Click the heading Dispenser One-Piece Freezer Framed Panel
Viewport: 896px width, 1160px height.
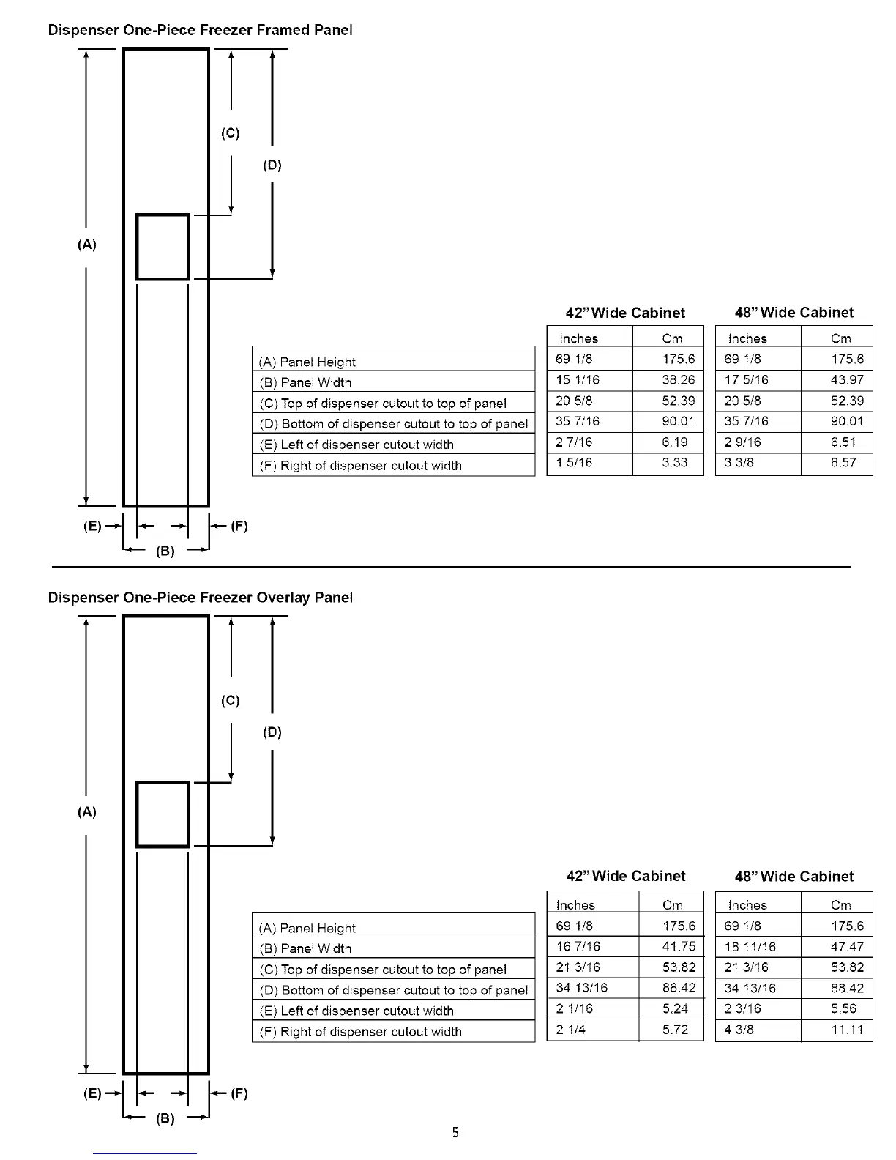tap(200, 30)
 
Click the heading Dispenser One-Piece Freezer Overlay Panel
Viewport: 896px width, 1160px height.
tap(200, 598)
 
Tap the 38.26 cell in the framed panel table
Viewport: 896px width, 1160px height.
tap(679, 380)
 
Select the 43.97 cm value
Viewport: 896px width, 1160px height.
tap(847, 380)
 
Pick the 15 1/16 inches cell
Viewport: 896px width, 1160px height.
tap(578, 380)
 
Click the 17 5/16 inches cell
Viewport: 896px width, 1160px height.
tap(747, 380)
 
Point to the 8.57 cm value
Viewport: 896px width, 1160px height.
tap(843, 463)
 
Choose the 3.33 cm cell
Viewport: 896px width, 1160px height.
tap(675, 463)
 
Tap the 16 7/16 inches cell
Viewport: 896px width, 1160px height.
tap(578, 947)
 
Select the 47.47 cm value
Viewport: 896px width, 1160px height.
tap(847, 947)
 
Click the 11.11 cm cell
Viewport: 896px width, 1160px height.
tap(847, 1030)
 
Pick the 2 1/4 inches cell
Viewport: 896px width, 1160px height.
tap(571, 1030)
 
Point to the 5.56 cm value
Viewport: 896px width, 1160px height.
tap(843, 1008)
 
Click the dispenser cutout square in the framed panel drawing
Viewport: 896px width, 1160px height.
tap(163, 247)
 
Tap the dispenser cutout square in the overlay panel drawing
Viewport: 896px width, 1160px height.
tap(163, 814)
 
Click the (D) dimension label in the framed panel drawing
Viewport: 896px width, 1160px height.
tap(272, 165)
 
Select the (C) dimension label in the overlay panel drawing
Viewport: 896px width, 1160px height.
tap(230, 701)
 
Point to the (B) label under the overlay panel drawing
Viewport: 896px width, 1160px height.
tap(165, 1118)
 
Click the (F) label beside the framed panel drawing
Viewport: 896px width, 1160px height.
tap(239, 526)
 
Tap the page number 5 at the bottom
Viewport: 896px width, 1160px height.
tap(455, 1133)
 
